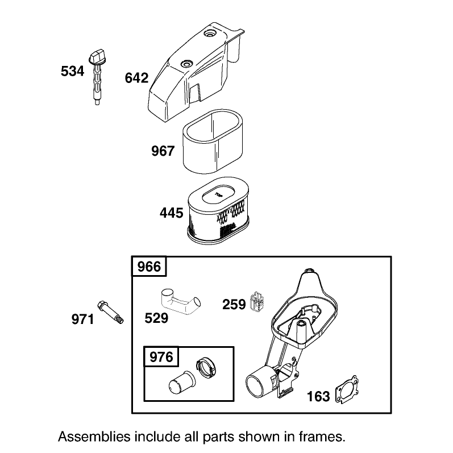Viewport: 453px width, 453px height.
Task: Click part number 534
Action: pyautogui.click(x=72, y=71)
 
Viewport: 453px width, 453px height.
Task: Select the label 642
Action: pyautogui.click(x=136, y=78)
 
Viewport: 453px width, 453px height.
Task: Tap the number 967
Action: pyautogui.click(x=163, y=151)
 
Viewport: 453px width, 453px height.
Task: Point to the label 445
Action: pyautogui.click(x=171, y=213)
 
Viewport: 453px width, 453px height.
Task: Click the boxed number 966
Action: pyautogui.click(x=149, y=267)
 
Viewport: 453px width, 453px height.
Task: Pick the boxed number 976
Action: pyautogui.click(x=161, y=357)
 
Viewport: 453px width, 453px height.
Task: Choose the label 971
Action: pyautogui.click(x=82, y=319)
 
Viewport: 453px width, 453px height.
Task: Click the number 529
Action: pyautogui.click(x=156, y=318)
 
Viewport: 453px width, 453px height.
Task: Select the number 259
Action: pyautogui.click(x=234, y=305)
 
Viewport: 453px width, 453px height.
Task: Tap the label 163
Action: pyautogui.click(x=318, y=397)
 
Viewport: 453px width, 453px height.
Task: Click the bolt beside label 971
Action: pyautogui.click(x=111, y=312)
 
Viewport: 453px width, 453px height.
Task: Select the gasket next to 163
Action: pyautogui.click(x=347, y=390)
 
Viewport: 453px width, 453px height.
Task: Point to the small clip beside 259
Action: pyautogui.click(x=257, y=301)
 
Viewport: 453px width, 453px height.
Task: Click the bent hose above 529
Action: pyautogui.click(x=180, y=301)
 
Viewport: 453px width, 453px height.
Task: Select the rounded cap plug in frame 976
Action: pyautogui.click(x=180, y=382)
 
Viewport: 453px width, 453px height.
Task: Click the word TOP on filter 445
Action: pyautogui.click(x=218, y=196)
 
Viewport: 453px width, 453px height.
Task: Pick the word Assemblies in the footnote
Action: pyautogui.click(x=94, y=437)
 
